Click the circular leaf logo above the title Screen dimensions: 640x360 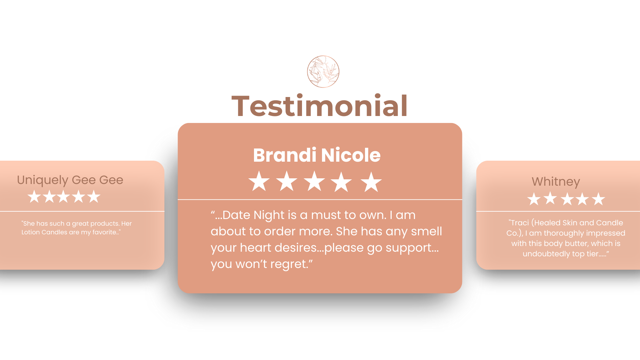tap(323, 72)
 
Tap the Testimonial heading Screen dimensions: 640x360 tap(320, 106)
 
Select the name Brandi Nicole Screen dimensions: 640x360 tap(317, 155)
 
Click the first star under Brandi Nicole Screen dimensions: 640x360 tap(259, 182)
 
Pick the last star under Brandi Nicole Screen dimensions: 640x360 tap(371, 182)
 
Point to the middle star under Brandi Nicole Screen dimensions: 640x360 tap(314, 181)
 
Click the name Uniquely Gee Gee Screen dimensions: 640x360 tap(70, 180)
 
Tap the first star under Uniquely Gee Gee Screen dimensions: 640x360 tap(34, 196)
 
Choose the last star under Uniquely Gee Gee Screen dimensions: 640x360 tap(94, 196)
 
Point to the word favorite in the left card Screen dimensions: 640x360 tap(104, 232)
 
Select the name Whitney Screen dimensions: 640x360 tap(556, 182)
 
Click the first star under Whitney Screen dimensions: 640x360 tap(534, 199)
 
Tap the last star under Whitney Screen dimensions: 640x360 tap(598, 199)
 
